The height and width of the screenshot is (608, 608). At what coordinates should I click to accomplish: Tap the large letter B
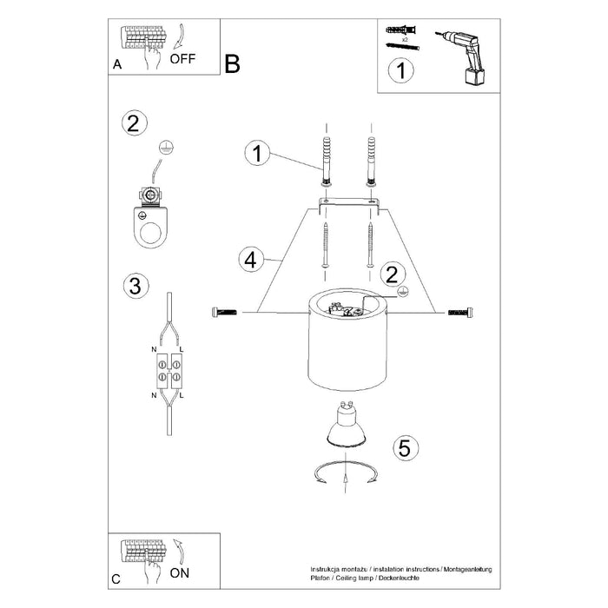(231, 63)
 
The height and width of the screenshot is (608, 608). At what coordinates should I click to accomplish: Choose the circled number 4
(249, 259)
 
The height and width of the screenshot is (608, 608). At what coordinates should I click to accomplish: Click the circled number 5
(401, 448)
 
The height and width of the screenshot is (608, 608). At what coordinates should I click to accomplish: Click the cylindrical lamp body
(347, 352)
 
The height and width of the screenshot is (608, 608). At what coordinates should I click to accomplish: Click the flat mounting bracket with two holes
(348, 202)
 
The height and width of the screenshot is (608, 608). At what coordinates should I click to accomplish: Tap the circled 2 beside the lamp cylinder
(392, 274)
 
